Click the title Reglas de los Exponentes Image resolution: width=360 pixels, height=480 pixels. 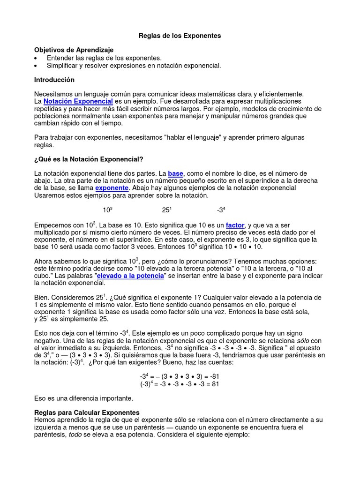click(x=180, y=35)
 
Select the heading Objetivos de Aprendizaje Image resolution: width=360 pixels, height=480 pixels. click(x=74, y=50)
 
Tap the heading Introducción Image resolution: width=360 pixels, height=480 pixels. click(x=54, y=80)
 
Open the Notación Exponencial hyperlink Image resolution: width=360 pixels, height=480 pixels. click(x=78, y=101)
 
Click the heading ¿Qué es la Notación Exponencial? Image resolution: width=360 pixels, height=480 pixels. click(x=86, y=159)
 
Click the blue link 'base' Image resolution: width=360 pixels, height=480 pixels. click(x=176, y=173)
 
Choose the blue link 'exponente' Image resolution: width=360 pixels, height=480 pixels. click(x=112, y=188)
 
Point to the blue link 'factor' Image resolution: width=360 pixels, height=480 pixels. click(x=235, y=225)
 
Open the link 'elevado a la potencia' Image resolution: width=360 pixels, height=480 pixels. click(x=130, y=276)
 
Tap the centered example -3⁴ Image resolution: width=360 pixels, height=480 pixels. click(x=221, y=210)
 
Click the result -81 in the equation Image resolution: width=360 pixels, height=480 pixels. click(x=214, y=376)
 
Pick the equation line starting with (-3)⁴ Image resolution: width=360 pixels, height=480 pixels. click(x=180, y=384)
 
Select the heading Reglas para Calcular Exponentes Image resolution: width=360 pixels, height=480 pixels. click(x=87, y=412)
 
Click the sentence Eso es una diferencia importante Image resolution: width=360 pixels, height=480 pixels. click(x=84, y=398)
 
